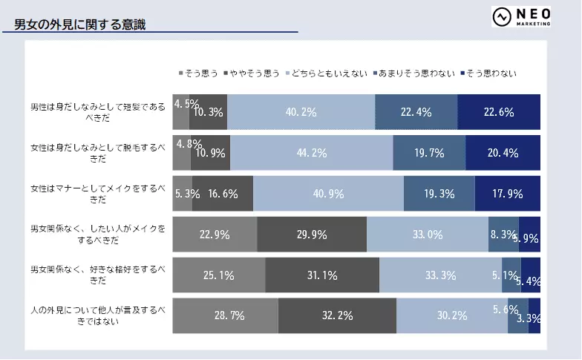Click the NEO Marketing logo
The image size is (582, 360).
tap(522, 17)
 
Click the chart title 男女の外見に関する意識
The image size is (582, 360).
tap(80, 25)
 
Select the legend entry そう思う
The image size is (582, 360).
tap(199, 73)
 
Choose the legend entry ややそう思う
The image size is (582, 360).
tap(251, 73)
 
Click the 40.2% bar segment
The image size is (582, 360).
tap(301, 113)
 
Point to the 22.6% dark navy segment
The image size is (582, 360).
tap(499, 113)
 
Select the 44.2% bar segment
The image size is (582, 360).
tap(311, 153)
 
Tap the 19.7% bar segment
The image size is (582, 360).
tap(429, 153)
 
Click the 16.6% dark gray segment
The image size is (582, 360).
tap(223, 194)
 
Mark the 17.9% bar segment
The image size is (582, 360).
tap(508, 194)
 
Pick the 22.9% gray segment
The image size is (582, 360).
tap(215, 235)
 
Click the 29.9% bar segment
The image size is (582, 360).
tap(312, 235)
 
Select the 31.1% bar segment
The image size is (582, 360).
tap(321, 275)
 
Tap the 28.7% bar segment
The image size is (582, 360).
tap(225, 315)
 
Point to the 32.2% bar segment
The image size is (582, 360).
tap(337, 315)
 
